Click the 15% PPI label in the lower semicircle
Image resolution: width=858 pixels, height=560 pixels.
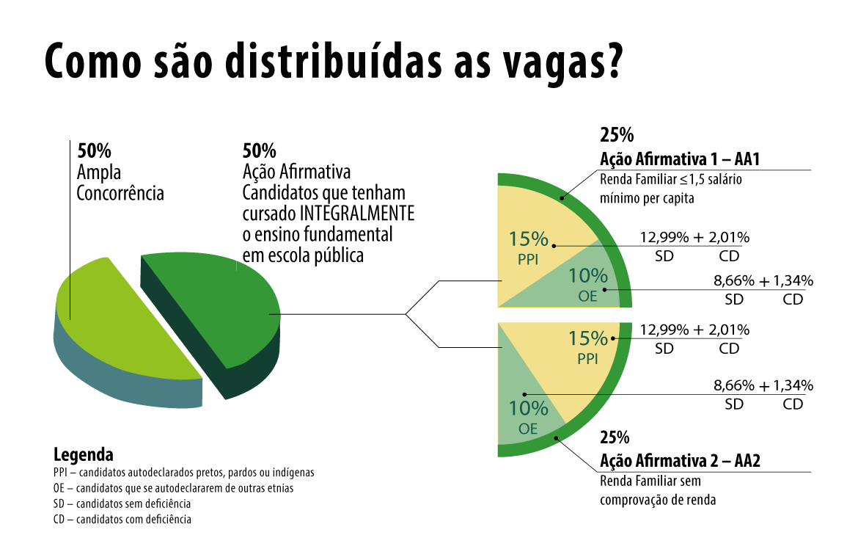tap(588, 346)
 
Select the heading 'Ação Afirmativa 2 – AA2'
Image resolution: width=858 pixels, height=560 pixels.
tap(680, 461)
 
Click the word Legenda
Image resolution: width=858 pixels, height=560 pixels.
tap(84, 454)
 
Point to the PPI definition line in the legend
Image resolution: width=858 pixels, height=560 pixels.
tap(183, 473)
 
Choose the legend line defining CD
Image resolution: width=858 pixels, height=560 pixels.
tap(122, 520)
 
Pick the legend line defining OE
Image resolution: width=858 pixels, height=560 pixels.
tap(173, 488)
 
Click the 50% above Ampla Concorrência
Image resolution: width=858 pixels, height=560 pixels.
tap(95, 151)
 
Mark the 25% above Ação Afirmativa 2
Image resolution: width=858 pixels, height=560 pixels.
tap(615, 437)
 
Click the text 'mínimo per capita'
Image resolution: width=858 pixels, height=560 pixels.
tap(646, 198)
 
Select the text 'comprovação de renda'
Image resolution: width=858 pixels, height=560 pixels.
tap(658, 501)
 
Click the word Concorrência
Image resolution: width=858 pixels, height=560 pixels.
tap(120, 194)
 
